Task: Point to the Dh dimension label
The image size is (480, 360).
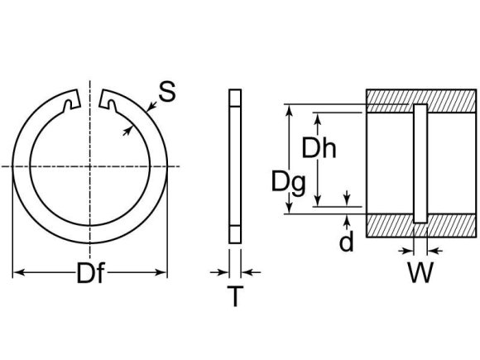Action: click(319, 149)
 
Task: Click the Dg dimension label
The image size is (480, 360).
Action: click(289, 181)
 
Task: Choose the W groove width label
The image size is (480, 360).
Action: click(421, 272)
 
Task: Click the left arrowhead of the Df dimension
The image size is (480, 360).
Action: click(18, 271)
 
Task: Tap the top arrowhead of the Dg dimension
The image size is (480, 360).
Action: click(289, 108)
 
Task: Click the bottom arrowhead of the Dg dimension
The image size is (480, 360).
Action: click(289, 210)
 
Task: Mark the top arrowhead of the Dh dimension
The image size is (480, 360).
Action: click(319, 117)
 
